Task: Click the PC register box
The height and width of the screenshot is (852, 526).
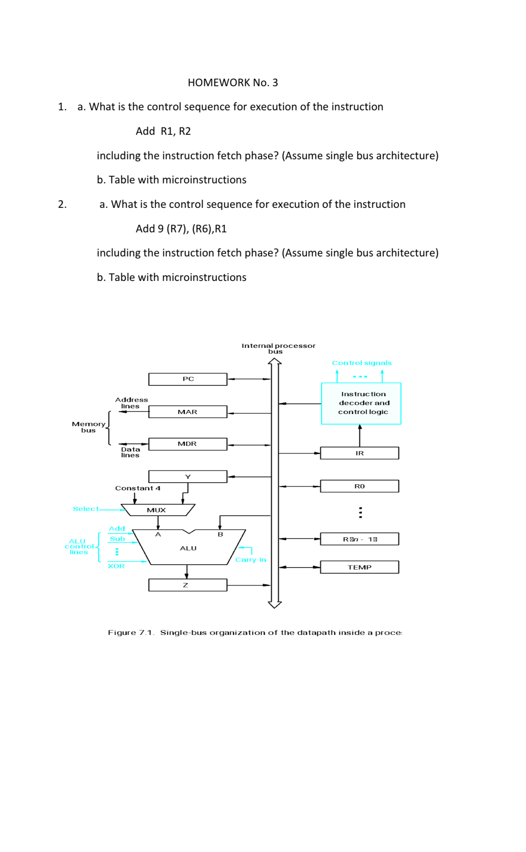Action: point(188,379)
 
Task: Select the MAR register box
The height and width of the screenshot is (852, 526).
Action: point(188,412)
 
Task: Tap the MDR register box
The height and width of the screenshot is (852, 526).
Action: point(188,444)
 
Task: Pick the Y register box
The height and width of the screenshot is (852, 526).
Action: point(188,477)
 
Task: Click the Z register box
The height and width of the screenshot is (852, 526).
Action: point(188,585)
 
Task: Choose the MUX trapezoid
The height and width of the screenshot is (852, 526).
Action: point(157,510)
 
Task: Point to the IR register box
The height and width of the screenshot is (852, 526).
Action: point(359,453)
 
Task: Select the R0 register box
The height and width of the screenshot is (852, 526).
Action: point(359,486)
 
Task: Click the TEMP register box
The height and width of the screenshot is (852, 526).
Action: point(359,567)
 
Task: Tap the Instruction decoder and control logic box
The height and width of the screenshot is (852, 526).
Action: point(361,403)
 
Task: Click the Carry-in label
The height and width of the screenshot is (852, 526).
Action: point(250,560)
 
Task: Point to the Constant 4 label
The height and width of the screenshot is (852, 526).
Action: point(137,488)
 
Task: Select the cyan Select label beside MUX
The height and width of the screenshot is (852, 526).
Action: point(85,509)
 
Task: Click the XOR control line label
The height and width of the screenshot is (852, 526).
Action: point(116,566)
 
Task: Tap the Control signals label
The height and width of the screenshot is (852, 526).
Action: point(362,363)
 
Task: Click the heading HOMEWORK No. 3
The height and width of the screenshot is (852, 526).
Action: point(233,82)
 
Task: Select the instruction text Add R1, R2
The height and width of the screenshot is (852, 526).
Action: point(163,131)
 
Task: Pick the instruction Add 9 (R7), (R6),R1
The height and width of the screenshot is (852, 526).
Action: point(181,229)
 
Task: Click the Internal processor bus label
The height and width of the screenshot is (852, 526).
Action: point(278,348)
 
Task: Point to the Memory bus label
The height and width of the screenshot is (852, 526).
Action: point(88,427)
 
